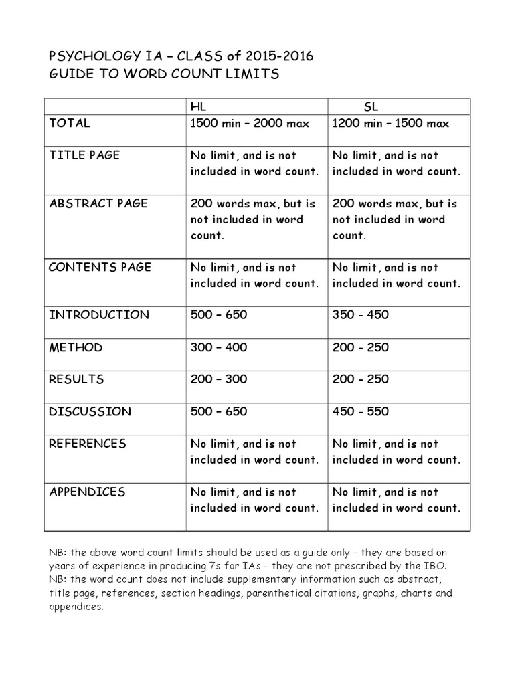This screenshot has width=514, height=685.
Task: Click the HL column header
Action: pyautogui.click(x=198, y=107)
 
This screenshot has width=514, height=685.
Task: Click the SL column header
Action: pyautogui.click(x=371, y=107)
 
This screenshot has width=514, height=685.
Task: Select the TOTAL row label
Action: pyautogui.click(x=70, y=124)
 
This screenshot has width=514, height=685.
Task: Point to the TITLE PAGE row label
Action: pyautogui.click(x=84, y=155)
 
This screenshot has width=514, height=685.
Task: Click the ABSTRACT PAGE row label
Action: pyautogui.click(x=98, y=203)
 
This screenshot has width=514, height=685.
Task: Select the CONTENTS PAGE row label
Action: pyautogui.click(x=100, y=267)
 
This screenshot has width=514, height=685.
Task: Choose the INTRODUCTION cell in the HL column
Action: pyautogui.click(x=219, y=315)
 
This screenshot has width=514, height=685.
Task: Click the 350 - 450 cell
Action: pyautogui.click(x=360, y=315)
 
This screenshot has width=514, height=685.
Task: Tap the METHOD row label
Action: pyautogui.click(x=76, y=347)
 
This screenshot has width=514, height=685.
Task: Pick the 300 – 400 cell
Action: pyautogui.click(x=219, y=347)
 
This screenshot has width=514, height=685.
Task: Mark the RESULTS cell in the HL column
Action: pyautogui.click(x=219, y=379)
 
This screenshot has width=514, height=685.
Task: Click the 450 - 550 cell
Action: pyautogui.click(x=360, y=411)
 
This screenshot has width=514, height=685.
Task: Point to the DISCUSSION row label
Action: pyautogui.click(x=90, y=411)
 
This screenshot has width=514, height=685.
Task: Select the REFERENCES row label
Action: pyautogui.click(x=88, y=444)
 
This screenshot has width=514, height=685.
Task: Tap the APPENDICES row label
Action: pyautogui.click(x=87, y=492)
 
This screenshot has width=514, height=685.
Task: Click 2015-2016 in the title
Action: pyautogui.click(x=278, y=57)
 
